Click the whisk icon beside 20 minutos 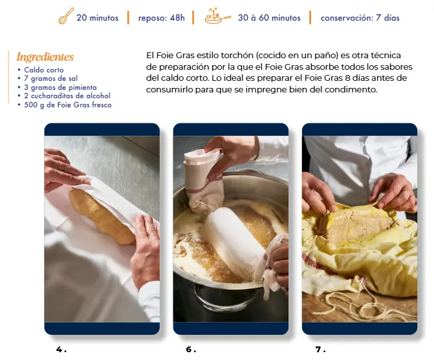coord(66,16)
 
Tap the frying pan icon coord(217,16)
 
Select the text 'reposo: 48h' coord(161,17)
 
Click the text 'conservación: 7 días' coord(360,17)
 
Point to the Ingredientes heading coord(45,57)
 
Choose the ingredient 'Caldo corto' coord(44,70)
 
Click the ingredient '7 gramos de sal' coord(50,78)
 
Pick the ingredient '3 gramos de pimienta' coord(60,87)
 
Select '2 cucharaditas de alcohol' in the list coord(67,96)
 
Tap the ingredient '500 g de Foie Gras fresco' coord(67,105)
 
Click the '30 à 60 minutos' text coord(269,17)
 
